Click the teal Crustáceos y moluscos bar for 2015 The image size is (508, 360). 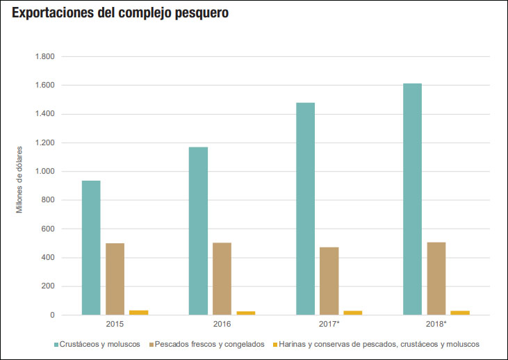point(91,247)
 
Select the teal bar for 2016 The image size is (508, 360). point(198,231)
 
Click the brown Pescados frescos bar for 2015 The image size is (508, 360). point(115,279)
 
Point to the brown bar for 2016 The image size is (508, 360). point(222,279)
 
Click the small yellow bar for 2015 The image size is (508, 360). point(138,312)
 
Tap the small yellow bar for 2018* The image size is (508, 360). point(460,313)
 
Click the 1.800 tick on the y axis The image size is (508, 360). point(44,56)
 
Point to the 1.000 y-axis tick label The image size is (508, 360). point(44,172)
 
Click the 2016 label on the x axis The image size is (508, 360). point(222,325)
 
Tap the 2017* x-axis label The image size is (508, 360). point(329,325)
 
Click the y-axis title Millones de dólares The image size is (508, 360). point(19,179)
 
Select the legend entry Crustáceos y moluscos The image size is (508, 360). point(100,344)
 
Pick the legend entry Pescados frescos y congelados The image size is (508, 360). point(209,344)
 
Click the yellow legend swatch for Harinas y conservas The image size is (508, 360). point(275,344)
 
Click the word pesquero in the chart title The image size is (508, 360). point(200,13)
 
